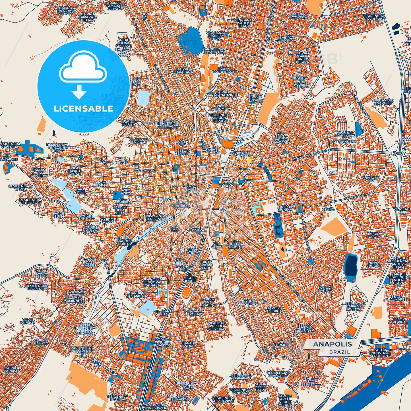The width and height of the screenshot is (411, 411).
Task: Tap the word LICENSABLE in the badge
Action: tap(83, 109)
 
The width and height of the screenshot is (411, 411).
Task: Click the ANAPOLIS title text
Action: tap(332, 344)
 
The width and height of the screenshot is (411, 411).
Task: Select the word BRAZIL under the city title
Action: tap(340, 352)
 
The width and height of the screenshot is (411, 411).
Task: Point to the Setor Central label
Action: tap(183, 152)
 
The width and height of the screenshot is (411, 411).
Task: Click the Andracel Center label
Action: tap(242, 154)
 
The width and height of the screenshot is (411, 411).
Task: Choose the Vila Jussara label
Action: tap(196, 228)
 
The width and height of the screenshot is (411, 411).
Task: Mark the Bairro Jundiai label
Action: tap(286, 208)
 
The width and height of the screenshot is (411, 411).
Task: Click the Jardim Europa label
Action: tap(373, 235)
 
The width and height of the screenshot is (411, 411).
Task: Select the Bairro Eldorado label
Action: tap(250, 302)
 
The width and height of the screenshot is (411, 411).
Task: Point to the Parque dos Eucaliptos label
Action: tap(214, 51)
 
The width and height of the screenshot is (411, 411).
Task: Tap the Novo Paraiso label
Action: tap(27, 321)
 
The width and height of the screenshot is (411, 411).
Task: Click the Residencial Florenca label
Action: tap(37, 287)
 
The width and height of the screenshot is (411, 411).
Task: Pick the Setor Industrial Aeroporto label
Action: tap(380, 353)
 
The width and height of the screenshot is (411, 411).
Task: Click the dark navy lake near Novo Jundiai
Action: tap(351, 265)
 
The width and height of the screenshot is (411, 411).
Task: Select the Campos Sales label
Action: tap(191, 188)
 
